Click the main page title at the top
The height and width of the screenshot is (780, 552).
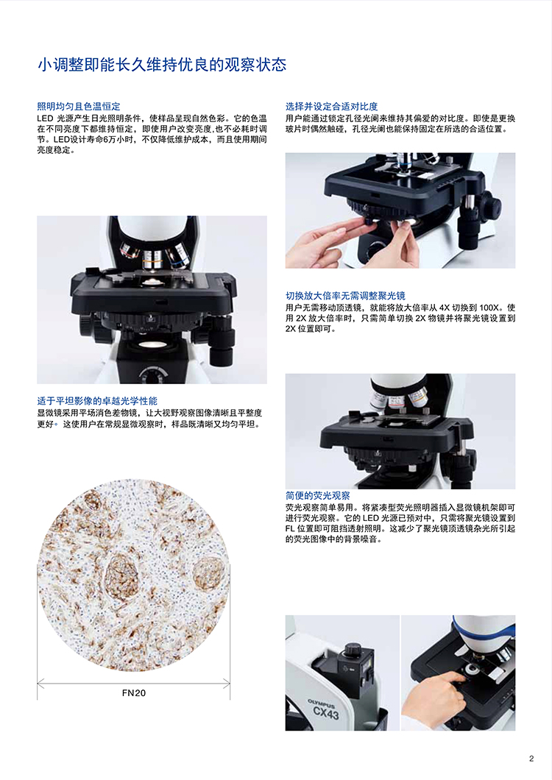162,65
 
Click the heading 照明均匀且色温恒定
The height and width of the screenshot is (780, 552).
79,107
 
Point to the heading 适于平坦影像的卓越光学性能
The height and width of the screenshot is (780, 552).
97,401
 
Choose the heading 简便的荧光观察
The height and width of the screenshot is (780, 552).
318,496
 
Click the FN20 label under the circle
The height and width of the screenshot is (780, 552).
134,692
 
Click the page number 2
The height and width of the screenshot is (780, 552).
531,759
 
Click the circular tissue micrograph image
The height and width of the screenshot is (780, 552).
134,574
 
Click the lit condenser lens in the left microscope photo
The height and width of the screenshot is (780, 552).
152,344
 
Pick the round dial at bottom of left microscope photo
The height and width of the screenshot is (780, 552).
152,375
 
